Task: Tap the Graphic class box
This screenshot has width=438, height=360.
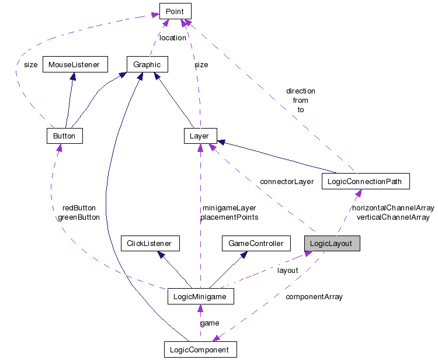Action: point(147,64)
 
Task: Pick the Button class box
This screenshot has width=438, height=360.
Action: point(64,136)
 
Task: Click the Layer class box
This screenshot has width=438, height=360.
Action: point(200,136)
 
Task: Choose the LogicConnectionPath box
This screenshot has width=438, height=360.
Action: point(366,181)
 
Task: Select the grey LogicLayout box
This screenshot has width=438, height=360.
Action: point(332,244)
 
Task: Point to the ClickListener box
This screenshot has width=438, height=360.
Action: point(149,244)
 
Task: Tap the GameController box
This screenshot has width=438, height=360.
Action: point(256,244)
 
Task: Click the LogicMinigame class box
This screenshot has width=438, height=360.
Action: point(200,296)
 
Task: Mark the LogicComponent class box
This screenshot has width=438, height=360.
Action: point(200,350)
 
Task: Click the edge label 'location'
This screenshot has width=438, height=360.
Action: point(173,38)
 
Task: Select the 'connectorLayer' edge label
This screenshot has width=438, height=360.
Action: point(287,182)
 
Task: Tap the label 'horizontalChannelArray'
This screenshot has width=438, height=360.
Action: point(392,208)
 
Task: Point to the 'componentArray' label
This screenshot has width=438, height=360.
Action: point(314,297)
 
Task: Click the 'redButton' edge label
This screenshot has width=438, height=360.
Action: point(79,208)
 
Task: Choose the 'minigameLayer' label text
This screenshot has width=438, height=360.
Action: point(229,208)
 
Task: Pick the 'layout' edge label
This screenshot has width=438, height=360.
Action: point(287,271)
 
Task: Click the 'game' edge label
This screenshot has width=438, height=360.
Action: point(210,323)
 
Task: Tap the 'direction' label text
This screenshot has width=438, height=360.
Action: point(301,91)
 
